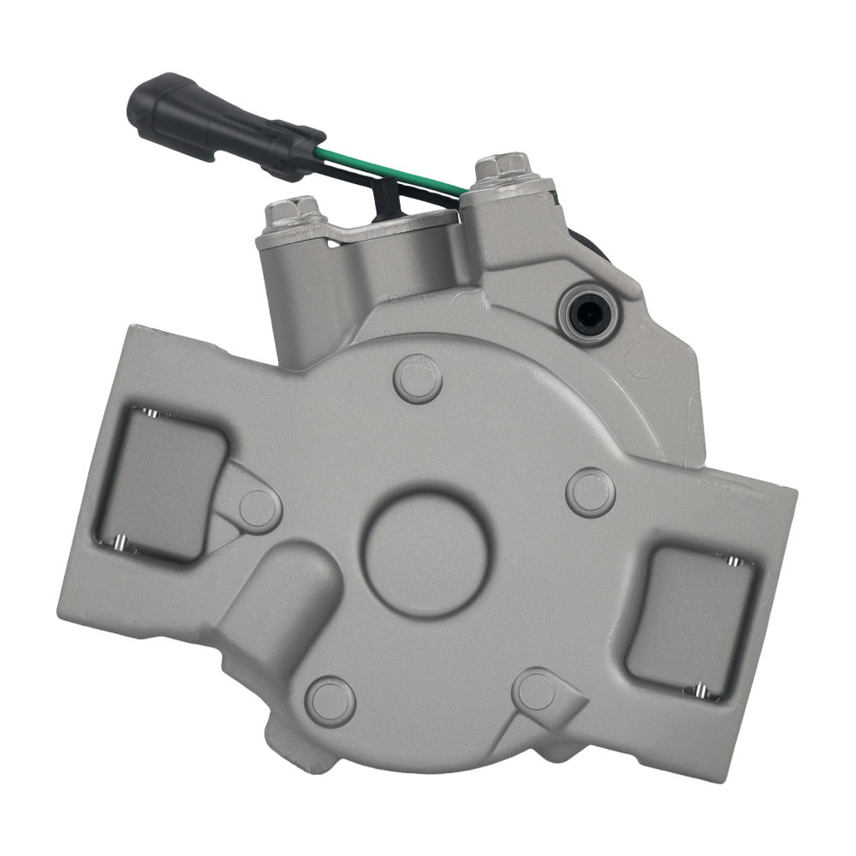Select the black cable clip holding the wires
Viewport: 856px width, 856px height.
pyautogui.click(x=387, y=199)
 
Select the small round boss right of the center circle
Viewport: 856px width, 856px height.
pyautogui.click(x=591, y=493)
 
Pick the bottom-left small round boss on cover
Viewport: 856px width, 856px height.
pyautogui.click(x=330, y=700)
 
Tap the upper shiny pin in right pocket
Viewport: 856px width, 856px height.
pyautogui.click(x=732, y=561)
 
